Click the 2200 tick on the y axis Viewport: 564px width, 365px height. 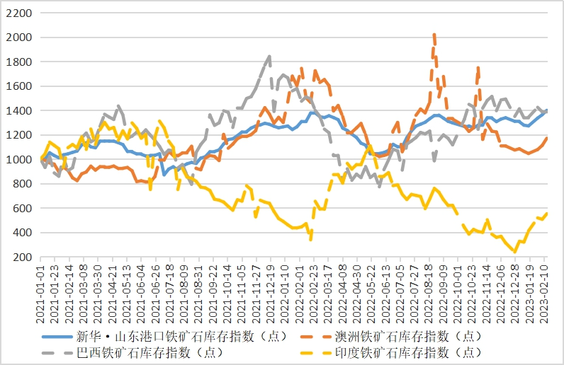(x=20, y=13)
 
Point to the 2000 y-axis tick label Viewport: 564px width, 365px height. (x=20, y=37)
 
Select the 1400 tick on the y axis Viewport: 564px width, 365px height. (x=20, y=111)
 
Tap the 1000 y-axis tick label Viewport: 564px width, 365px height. (x=20, y=160)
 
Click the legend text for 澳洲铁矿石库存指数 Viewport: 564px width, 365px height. (x=417, y=336)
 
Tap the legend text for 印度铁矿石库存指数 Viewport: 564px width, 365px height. (x=417, y=352)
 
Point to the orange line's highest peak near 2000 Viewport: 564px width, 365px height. (x=434, y=35)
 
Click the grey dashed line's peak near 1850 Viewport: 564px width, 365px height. (x=270, y=56)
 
